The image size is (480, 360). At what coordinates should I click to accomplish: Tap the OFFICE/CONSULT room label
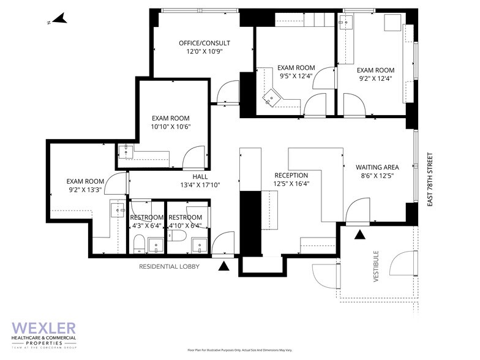(204, 43)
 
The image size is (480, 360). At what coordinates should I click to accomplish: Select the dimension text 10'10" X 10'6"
(171, 127)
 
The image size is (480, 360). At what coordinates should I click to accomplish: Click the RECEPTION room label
(291, 175)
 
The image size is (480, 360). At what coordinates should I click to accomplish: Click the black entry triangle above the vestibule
(360, 234)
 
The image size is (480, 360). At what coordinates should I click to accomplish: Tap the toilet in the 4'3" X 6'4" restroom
(139, 244)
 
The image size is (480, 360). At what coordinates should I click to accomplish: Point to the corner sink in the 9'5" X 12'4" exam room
(271, 99)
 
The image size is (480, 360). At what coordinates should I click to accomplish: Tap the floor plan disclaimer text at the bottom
(239, 350)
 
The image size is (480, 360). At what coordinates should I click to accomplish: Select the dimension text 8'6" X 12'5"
(377, 176)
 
